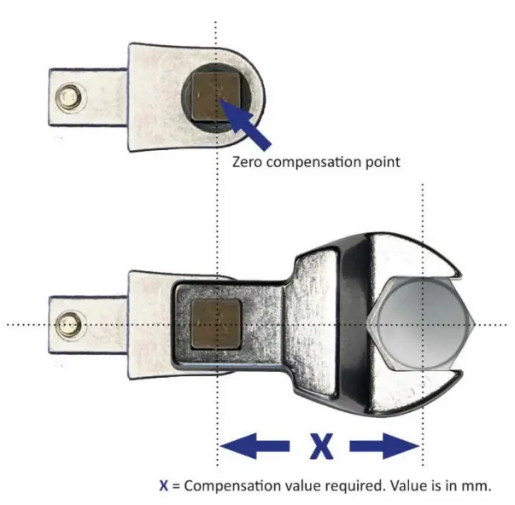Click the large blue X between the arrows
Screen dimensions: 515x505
point(319,445)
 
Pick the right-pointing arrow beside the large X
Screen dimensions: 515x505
point(384,445)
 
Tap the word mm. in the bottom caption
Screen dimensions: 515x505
point(477,485)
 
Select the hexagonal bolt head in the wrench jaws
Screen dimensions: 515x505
point(420,324)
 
